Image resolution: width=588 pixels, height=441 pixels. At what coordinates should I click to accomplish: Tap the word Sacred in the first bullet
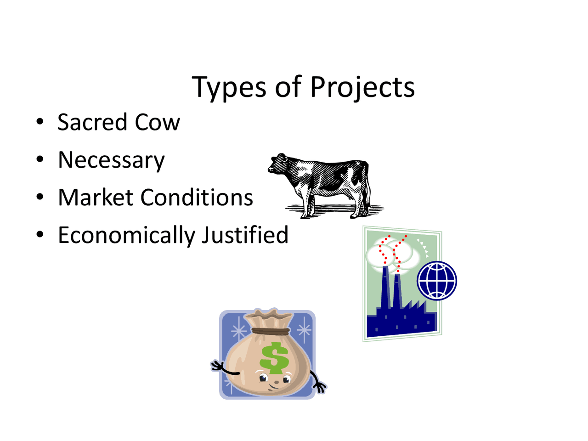point(92,123)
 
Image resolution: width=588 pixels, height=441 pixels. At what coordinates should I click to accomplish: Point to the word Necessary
point(111,160)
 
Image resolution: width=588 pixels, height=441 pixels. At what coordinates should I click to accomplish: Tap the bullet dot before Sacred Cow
point(40,122)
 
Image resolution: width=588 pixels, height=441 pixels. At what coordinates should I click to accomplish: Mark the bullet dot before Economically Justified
point(40,235)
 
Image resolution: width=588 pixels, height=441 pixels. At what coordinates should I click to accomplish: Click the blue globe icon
point(437,281)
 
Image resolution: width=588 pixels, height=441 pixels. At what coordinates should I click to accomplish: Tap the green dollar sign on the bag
point(274,358)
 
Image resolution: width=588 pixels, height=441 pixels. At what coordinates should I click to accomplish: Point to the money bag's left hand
point(217,366)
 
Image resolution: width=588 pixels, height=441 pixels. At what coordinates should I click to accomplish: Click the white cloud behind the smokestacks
point(404,253)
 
